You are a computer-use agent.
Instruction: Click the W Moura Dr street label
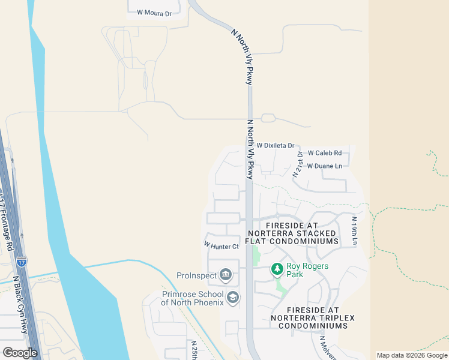pos(154,12)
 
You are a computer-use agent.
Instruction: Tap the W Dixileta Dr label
pos(276,146)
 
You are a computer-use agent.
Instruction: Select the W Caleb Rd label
pos(324,153)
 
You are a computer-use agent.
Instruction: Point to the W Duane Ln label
pos(324,166)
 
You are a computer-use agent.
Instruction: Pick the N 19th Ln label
pos(355,231)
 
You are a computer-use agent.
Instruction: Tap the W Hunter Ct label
pos(221,245)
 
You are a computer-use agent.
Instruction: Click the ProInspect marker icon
pos(226,275)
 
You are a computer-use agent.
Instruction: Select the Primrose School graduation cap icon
pos(232,297)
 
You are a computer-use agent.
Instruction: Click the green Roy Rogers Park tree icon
pos(277,269)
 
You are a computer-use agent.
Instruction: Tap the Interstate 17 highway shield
pos(22,261)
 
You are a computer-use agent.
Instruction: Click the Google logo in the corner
pos(20,353)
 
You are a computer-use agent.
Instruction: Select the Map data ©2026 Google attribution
pos(412,355)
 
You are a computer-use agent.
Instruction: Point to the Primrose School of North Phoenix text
pos(192,298)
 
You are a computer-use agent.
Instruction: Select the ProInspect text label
pos(196,275)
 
